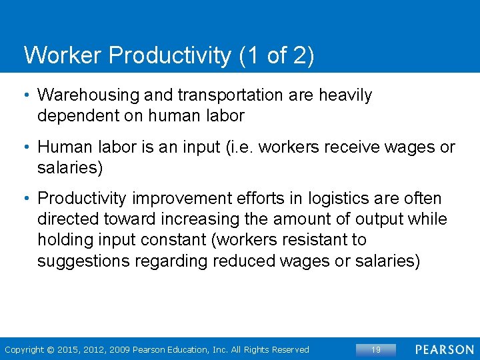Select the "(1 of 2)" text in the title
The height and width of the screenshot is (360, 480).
tap(275, 55)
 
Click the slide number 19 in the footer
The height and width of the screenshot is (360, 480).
tap(375, 349)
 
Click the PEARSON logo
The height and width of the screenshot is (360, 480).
tap(445, 349)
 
